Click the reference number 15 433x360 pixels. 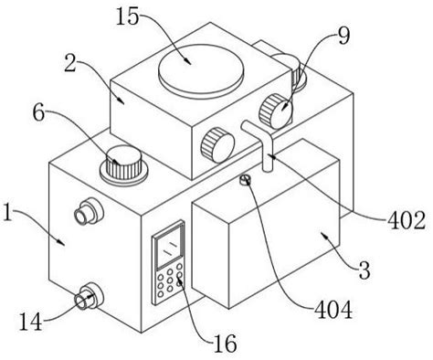(x=127, y=16)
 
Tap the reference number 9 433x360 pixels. (x=343, y=36)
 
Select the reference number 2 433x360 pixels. (x=69, y=63)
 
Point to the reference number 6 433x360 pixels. (x=39, y=113)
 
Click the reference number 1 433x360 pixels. (x=7, y=212)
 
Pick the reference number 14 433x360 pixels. (x=30, y=323)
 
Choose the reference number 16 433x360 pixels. (x=225, y=344)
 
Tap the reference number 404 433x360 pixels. (x=333, y=310)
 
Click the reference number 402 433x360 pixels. (x=406, y=220)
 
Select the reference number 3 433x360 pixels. (x=364, y=270)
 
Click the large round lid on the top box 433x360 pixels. (x=201, y=71)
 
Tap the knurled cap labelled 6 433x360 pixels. (x=124, y=163)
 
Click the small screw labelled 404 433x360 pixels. (x=245, y=180)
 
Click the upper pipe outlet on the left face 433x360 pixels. (x=89, y=211)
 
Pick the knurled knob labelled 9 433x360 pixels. (x=276, y=111)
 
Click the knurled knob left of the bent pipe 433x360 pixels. (x=217, y=145)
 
